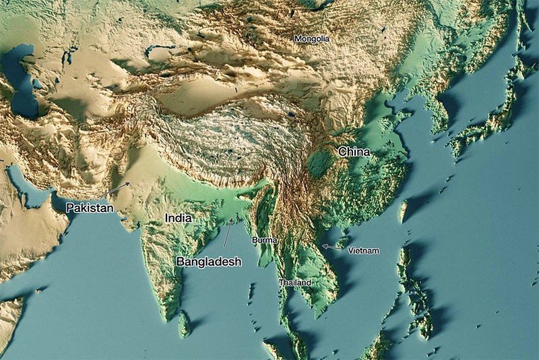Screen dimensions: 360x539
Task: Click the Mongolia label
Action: tap(312, 39)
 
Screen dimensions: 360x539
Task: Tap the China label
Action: tap(354, 152)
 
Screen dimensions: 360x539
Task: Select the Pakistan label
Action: tap(89, 208)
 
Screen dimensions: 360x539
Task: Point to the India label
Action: tap(179, 218)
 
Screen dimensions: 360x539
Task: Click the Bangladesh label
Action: tap(208, 261)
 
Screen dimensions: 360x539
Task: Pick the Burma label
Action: tap(264, 240)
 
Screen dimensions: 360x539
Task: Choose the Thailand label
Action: tap(294, 282)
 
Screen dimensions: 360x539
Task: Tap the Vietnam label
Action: tap(363, 251)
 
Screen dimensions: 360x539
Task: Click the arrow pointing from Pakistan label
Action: tap(114, 190)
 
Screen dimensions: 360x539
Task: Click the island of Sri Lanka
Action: tap(184, 324)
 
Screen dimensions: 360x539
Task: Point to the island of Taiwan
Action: tap(404, 210)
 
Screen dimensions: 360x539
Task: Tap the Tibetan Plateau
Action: tap(222, 135)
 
